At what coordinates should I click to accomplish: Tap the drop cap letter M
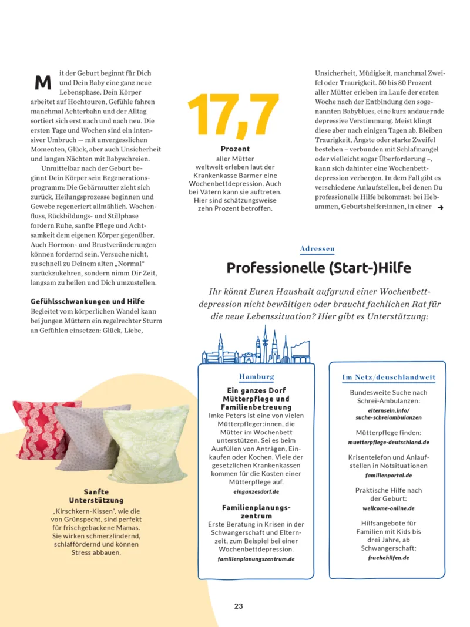[43, 82]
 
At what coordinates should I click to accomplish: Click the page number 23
[239, 606]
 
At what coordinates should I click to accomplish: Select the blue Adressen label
[317, 249]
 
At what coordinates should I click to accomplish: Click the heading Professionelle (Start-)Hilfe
[318, 268]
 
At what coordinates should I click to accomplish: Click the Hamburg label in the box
[256, 376]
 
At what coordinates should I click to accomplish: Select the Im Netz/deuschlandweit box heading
[388, 377]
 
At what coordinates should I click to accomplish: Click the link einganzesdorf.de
[256, 491]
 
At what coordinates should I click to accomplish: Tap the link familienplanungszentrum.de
[256, 559]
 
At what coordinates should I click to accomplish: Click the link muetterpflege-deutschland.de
[388, 442]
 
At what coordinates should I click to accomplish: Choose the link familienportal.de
[388, 475]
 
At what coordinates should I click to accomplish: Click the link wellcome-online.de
[388, 508]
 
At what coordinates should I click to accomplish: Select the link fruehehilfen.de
[388, 558]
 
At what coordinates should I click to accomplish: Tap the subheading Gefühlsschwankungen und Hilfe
[88, 301]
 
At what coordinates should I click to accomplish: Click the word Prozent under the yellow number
[235, 149]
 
